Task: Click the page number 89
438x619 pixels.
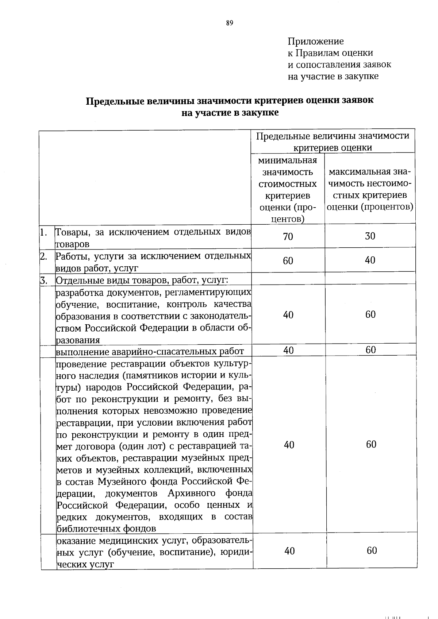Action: pos(229,23)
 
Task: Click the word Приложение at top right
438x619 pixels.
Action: pos(315,41)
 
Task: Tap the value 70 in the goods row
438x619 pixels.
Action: pos(288,237)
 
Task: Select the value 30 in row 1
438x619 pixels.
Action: pos(370,236)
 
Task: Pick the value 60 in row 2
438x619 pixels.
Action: pos(288,261)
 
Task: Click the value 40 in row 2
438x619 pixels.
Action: pos(370,260)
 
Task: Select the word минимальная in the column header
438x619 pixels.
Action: pos(288,160)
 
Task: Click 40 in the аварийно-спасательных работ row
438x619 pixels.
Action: pos(288,350)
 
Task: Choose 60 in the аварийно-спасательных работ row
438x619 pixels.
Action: pos(370,350)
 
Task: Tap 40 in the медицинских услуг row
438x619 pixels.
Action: pos(289,551)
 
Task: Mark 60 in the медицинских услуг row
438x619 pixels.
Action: pos(372,550)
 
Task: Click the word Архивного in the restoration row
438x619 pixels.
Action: pos(191,493)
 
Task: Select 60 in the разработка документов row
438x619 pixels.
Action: pos(370,314)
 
